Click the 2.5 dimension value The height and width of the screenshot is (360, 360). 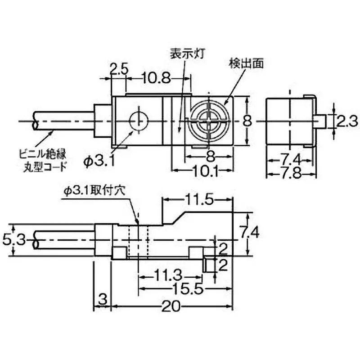pyautogui.click(x=119, y=70)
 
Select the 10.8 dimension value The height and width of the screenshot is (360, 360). pyautogui.click(x=157, y=79)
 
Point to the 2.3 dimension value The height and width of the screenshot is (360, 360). pyautogui.click(x=347, y=121)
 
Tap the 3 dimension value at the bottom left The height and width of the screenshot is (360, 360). pyautogui.click(x=103, y=299)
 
